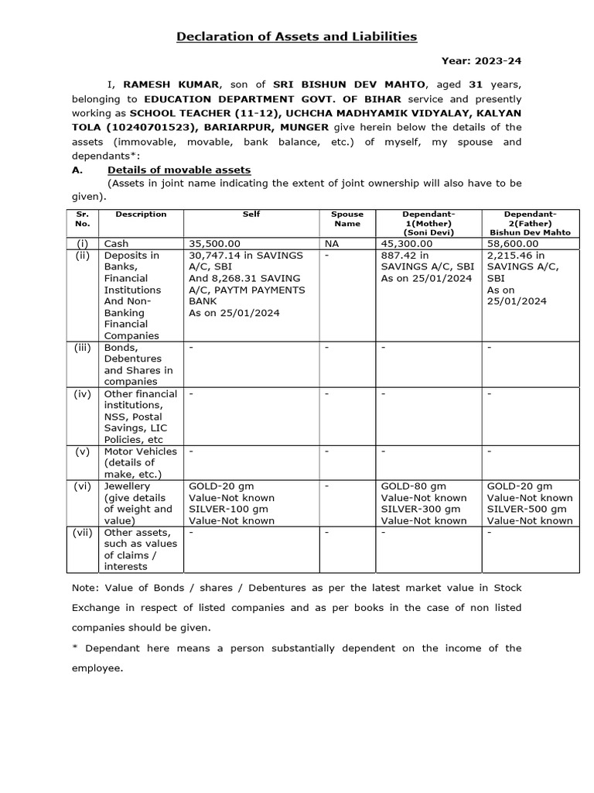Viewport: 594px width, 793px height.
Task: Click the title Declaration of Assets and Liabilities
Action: point(297,36)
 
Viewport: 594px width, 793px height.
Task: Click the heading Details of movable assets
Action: point(179,170)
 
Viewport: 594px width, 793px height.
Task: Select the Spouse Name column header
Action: point(347,218)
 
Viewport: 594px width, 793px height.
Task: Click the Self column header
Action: point(251,214)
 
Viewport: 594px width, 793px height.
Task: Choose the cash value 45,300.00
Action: point(408,243)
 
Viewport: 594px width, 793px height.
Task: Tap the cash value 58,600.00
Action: point(513,243)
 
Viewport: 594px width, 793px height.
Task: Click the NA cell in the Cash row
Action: point(332,243)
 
